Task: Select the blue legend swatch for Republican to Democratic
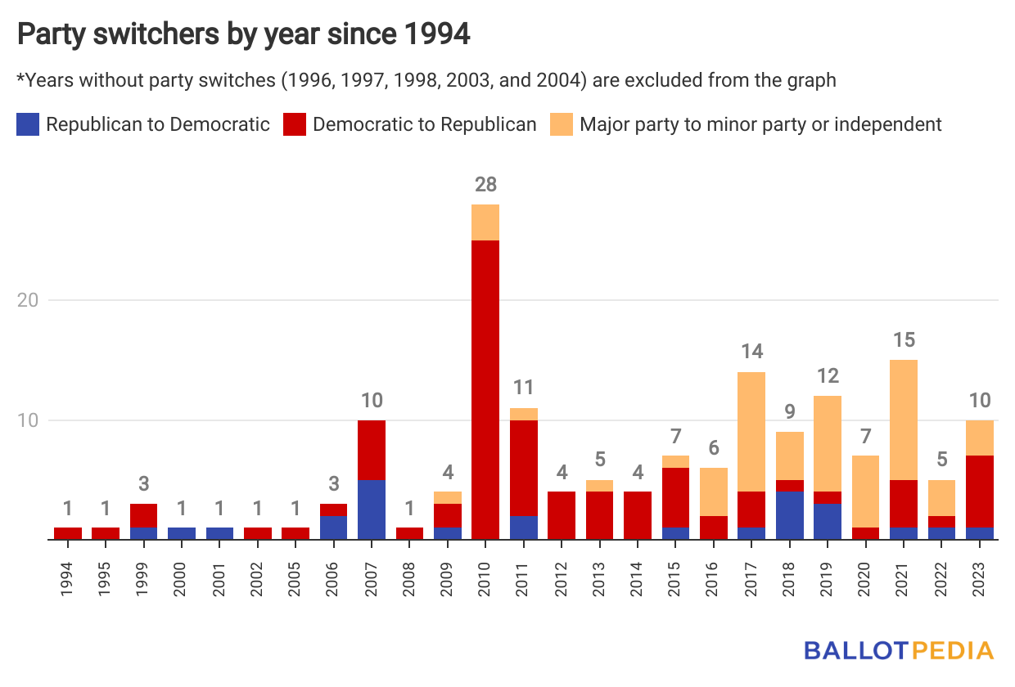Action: pos(27,124)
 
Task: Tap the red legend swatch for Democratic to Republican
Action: pos(294,124)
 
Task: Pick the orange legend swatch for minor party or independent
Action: pos(561,124)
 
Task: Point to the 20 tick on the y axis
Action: pos(29,300)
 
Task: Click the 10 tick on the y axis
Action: pos(29,420)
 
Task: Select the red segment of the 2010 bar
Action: pos(485,389)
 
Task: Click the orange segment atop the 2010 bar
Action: pos(485,222)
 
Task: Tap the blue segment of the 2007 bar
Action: pos(372,510)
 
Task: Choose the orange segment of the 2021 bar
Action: pos(904,420)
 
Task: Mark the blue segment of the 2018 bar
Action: pos(790,515)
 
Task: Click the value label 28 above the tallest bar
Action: pos(485,185)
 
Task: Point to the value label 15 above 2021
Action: pos(904,340)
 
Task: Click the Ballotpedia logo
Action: pos(898,650)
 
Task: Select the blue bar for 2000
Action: pos(182,533)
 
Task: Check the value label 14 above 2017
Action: pos(752,352)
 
